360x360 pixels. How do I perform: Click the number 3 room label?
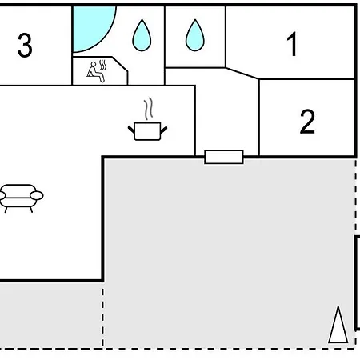click(x=25, y=46)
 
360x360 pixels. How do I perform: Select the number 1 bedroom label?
click(x=293, y=44)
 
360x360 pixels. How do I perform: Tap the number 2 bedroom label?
click(x=307, y=122)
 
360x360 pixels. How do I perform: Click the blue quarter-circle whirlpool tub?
click(x=90, y=26)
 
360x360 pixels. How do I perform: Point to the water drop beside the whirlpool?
click(x=142, y=35)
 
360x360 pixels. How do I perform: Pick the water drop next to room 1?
click(x=195, y=35)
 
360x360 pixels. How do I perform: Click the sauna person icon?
click(x=95, y=72)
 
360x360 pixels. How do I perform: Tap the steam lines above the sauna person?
click(x=102, y=66)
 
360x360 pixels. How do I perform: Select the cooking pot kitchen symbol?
click(x=147, y=130)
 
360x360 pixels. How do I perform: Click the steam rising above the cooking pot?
click(x=149, y=109)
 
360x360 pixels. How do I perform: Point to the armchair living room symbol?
click(x=20, y=198)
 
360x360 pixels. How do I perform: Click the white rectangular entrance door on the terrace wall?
click(x=224, y=157)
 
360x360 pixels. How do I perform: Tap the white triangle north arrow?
click(x=338, y=325)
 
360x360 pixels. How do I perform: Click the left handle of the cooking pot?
click(x=131, y=130)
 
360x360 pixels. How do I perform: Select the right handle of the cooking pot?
click(x=164, y=130)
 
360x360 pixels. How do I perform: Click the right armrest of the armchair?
click(x=37, y=195)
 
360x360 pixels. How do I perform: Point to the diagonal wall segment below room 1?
click(x=242, y=74)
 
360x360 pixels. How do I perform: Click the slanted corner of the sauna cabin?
click(x=120, y=64)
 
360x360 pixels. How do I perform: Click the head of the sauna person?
click(x=94, y=64)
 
